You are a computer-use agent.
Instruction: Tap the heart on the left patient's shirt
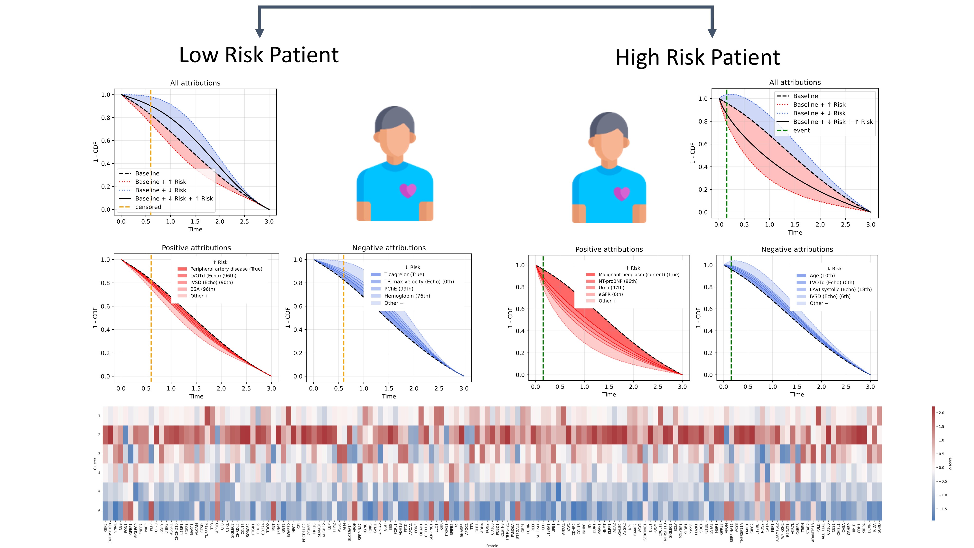pos(408,190)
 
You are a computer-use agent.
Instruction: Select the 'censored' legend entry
pos(148,207)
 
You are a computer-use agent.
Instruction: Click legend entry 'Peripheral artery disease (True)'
pos(226,269)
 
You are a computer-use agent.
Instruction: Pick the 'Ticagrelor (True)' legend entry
pos(404,274)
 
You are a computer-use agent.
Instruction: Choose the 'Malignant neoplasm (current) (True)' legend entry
pos(639,274)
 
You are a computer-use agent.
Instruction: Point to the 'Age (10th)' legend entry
pos(822,276)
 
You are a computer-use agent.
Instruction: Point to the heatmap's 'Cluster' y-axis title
pos(95,464)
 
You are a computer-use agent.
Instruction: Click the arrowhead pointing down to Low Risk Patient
pos(259,33)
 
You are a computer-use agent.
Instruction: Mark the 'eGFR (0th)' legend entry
pos(610,294)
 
